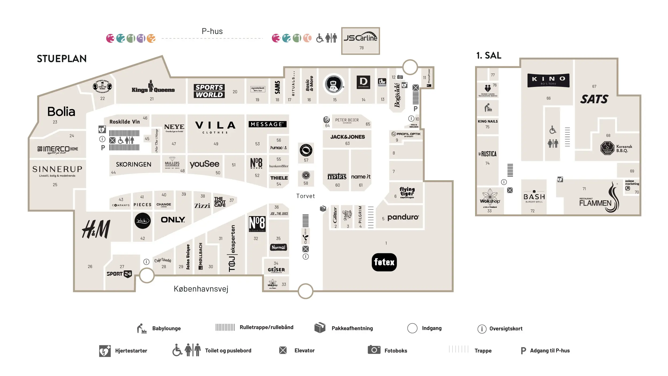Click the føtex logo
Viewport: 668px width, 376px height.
click(384, 262)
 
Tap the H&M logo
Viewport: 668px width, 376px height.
click(96, 229)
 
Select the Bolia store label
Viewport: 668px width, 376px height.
click(61, 112)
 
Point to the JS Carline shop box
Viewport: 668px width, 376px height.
click(360, 41)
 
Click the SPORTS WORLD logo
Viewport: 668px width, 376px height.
click(209, 91)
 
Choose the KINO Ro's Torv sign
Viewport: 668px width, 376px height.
click(548, 80)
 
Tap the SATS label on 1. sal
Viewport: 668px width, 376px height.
click(594, 99)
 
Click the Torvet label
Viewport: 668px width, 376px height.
click(305, 196)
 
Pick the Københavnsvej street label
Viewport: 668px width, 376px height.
click(201, 289)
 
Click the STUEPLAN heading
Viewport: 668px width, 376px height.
click(62, 59)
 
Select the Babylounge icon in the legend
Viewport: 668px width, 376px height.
click(142, 328)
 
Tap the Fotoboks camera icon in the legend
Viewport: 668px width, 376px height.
click(374, 350)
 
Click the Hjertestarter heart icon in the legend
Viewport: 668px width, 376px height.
click(105, 351)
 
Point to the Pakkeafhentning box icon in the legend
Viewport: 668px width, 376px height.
click(320, 328)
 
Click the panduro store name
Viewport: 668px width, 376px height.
click(403, 217)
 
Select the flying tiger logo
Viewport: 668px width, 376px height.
click(407, 193)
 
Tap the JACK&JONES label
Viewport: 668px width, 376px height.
click(347, 137)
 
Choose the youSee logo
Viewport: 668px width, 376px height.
click(204, 164)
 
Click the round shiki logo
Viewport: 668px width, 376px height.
click(142, 221)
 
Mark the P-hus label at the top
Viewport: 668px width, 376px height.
click(212, 31)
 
